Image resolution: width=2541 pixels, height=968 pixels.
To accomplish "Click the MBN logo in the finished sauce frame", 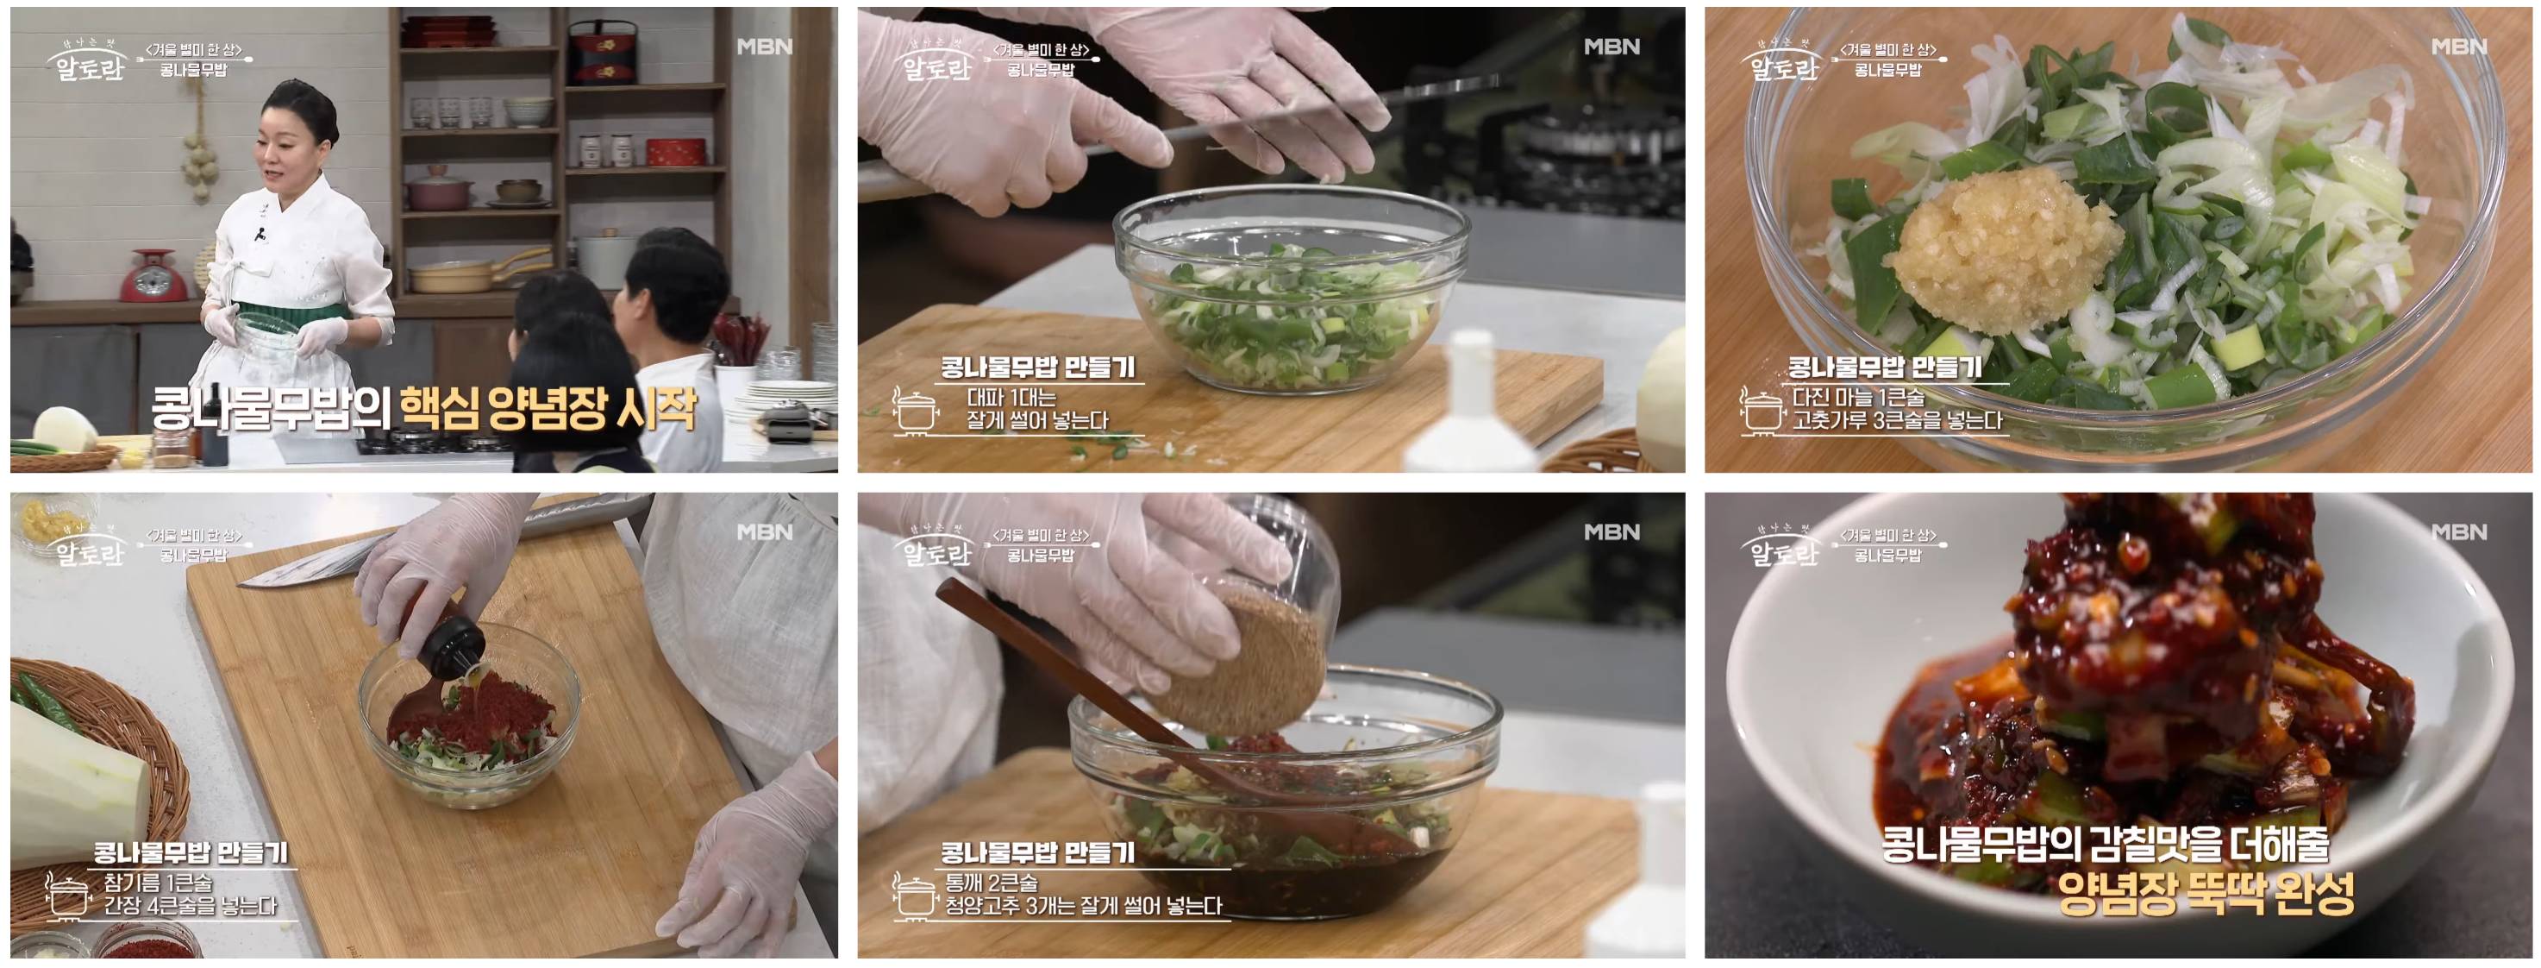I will [x=2458, y=531].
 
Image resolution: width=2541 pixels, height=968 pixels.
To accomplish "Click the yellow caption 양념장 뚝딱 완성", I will [x=2206, y=894].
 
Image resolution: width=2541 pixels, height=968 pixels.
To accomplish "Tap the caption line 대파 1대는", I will [x=1011, y=398].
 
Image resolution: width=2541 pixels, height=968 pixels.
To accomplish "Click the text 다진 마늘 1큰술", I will [x=1857, y=398].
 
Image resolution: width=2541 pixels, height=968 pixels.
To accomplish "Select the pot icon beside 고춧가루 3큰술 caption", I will [x=1761, y=410].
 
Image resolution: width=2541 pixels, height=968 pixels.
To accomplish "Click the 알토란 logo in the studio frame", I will [x=89, y=66].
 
